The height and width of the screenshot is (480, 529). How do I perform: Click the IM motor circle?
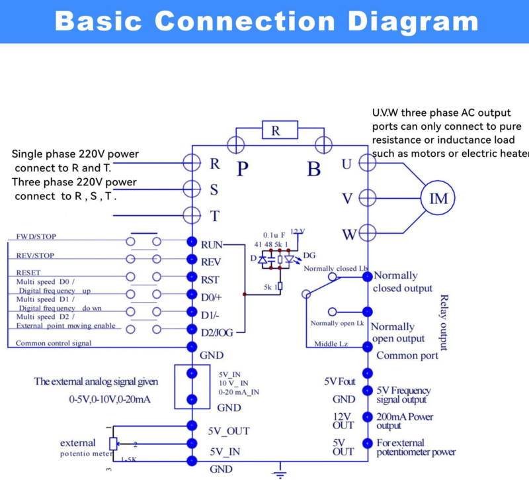(x=439, y=197)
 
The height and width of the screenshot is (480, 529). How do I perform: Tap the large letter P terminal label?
(x=243, y=168)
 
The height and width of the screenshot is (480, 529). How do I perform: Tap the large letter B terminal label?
(x=314, y=168)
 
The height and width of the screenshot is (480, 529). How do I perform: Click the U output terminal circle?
(x=368, y=162)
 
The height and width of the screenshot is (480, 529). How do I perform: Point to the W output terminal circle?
(x=368, y=233)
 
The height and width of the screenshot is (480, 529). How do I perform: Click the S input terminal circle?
(x=192, y=188)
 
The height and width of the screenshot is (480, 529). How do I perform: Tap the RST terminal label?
(x=210, y=279)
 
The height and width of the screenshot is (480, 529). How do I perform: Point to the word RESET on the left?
(x=28, y=272)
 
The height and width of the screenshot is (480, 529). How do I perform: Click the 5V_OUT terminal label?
(x=229, y=430)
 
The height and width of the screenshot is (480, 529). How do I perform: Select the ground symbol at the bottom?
(x=280, y=471)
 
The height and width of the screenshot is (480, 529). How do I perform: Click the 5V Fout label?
(x=339, y=382)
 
